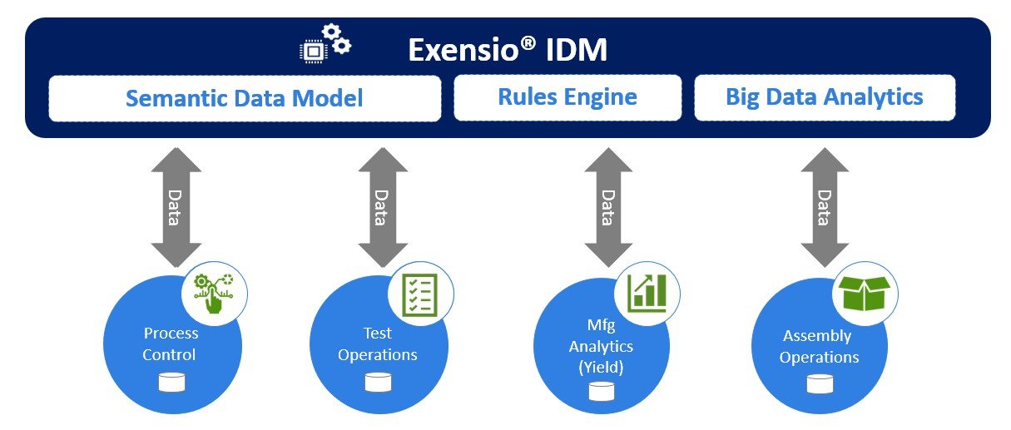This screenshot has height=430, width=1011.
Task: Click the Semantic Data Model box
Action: click(245, 98)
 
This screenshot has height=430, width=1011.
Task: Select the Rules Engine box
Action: click(567, 97)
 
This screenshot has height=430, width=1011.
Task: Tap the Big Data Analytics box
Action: click(825, 97)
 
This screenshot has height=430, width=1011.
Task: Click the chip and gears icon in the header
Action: click(325, 44)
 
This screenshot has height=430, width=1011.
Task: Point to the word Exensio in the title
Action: click(472, 49)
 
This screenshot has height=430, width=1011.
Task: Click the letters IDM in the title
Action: click(577, 50)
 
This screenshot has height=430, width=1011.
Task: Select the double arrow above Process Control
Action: click(176, 207)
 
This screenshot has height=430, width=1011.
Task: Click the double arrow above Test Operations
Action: click(383, 207)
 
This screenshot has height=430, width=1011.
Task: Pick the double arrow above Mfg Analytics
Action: click(608, 207)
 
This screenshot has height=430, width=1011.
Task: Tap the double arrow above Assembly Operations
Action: click(825, 207)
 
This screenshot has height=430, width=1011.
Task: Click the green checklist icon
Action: click(419, 294)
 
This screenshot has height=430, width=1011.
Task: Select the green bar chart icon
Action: click(647, 294)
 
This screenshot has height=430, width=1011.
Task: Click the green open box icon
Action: click(865, 294)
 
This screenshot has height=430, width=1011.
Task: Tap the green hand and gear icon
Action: click(214, 294)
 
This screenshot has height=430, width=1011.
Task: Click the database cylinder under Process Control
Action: click(172, 382)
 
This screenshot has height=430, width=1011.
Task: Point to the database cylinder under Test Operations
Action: click(379, 382)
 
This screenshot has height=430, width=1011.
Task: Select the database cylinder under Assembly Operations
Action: click(820, 384)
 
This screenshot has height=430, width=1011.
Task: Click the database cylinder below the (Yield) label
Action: click(602, 391)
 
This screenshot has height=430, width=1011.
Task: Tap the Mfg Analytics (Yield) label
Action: click(601, 346)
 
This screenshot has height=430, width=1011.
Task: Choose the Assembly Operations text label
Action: click(819, 346)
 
